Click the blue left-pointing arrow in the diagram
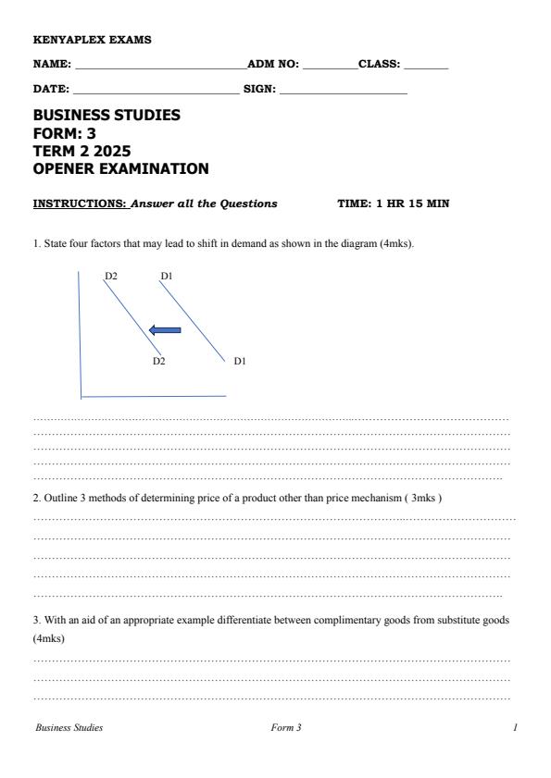pyautogui.click(x=165, y=329)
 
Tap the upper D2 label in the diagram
pyautogui.click(x=110, y=276)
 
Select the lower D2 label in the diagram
pyautogui.click(x=159, y=361)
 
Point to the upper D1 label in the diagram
pyautogui.click(x=167, y=276)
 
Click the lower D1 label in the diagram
pyautogui.click(x=239, y=361)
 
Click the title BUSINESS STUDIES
pyautogui.click(x=106, y=116)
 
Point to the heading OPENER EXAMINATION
pyautogui.click(x=120, y=168)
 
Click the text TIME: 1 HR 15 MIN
pyautogui.click(x=394, y=204)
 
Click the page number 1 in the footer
pyautogui.click(x=515, y=728)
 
